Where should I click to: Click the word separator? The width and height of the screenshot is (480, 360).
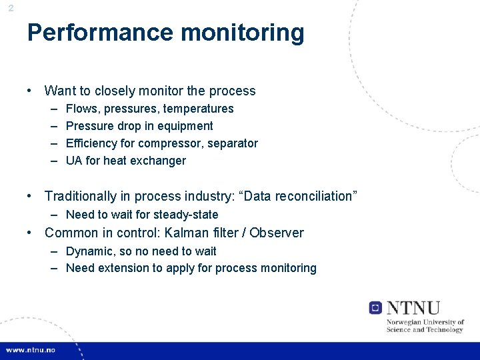click(232, 143)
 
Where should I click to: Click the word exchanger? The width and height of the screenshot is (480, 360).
click(160, 160)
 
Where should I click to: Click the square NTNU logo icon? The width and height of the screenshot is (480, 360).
click(375, 307)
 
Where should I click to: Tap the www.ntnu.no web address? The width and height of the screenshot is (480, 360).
click(31, 350)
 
